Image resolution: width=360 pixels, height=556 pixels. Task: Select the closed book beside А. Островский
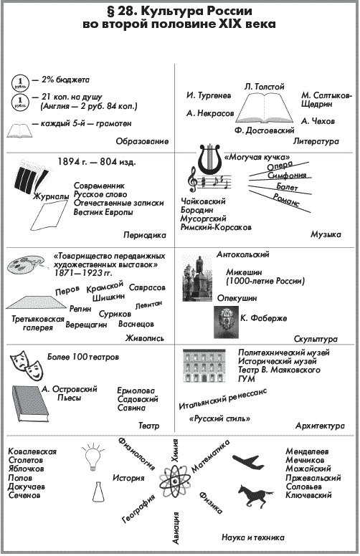click(24, 403)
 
